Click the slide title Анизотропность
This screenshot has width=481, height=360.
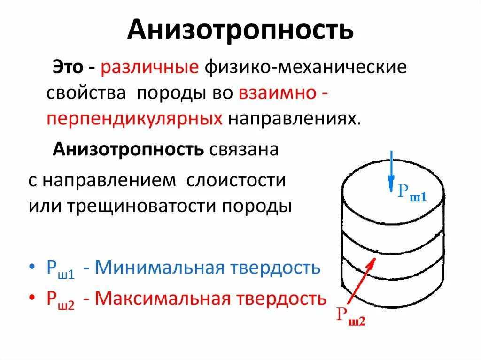(x=240, y=30)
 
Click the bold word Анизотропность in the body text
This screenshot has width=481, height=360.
(x=128, y=150)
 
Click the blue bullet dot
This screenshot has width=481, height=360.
(x=31, y=268)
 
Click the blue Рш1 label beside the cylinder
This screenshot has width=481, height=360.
(x=411, y=193)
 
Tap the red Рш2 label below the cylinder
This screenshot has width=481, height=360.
(x=350, y=316)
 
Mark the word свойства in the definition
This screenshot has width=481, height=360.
(x=86, y=93)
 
